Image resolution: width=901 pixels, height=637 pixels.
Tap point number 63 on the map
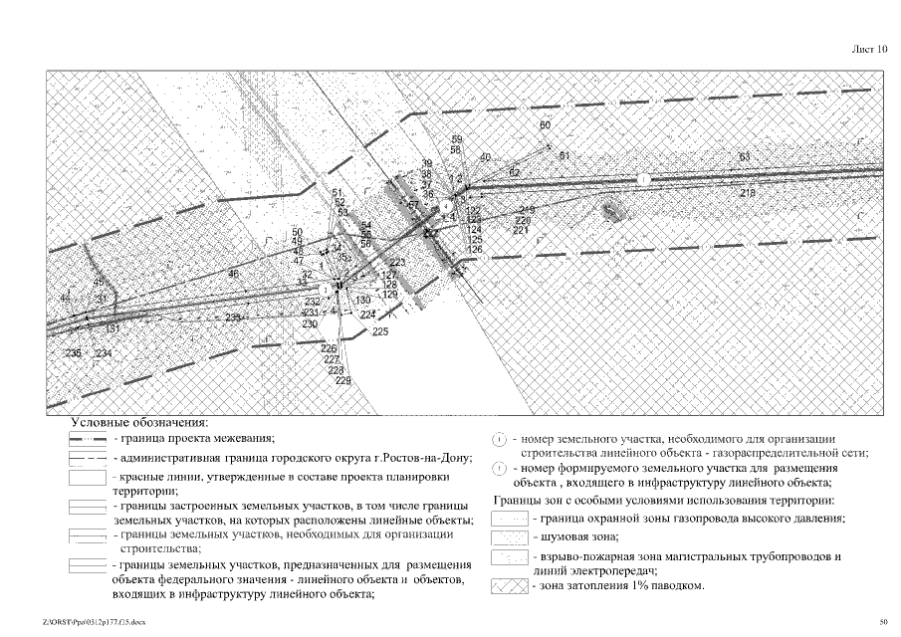tap(745, 157)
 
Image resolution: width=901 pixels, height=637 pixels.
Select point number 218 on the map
tap(748, 193)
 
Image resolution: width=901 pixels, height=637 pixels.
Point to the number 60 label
tap(545, 125)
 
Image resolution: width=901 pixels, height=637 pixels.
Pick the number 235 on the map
tap(73, 353)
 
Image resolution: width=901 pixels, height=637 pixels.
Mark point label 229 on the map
tap(343, 381)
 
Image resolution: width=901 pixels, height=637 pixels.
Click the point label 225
tap(380, 331)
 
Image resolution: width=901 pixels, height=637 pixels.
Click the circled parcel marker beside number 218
tap(643, 179)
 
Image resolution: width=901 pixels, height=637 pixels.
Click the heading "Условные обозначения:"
tap(145, 422)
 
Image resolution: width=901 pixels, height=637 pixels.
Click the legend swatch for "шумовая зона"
tap(512, 538)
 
